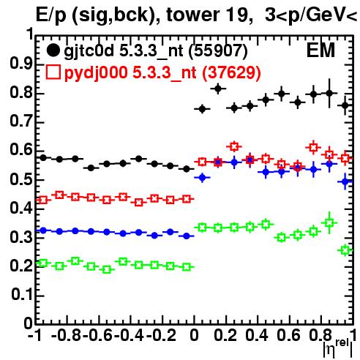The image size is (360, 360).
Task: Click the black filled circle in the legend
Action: [53, 50]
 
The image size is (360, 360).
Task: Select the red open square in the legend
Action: [53, 72]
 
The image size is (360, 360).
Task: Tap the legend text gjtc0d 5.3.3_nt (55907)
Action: [156, 51]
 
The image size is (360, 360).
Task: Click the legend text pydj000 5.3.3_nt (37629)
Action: [162, 73]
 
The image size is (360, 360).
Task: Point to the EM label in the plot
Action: [320, 50]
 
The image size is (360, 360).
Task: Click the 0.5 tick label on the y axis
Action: [21, 179]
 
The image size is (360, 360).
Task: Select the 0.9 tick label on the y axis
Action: [21, 64]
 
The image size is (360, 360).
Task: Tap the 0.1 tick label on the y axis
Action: [22, 295]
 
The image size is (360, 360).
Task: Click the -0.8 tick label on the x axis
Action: [67, 335]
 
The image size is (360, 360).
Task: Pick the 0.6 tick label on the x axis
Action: [288, 335]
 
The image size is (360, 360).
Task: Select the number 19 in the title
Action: [234, 15]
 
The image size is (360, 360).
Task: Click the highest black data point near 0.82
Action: [218, 89]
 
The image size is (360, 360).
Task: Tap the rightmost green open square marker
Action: [345, 250]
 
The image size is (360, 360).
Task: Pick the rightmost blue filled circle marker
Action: [345, 181]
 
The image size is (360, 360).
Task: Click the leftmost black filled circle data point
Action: [43, 158]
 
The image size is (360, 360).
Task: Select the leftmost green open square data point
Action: [43, 263]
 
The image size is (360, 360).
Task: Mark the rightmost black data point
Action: [345, 105]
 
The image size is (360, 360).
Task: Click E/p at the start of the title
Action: [51, 15]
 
